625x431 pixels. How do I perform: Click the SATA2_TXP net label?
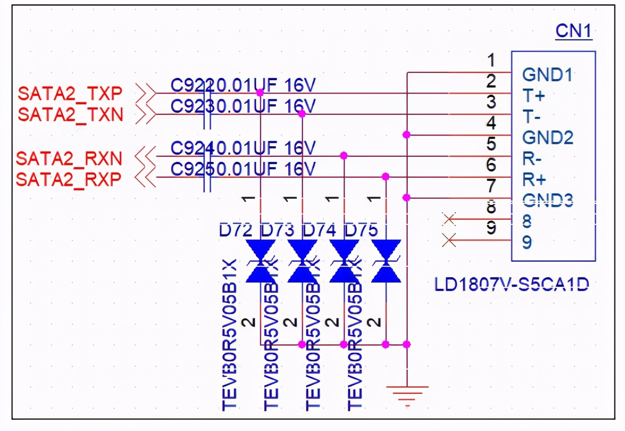pos(70,94)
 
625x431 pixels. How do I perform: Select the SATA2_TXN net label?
pos(70,114)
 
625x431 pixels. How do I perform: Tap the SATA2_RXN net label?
pos(69,159)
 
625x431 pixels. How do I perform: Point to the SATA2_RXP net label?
pos(68,179)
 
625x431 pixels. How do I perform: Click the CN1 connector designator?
pos(573,31)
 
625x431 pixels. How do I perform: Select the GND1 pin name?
pos(547,74)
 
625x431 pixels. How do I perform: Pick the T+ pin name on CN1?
pos(533,95)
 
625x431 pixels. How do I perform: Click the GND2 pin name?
pos(547,137)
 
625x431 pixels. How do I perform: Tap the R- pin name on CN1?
pos(532,159)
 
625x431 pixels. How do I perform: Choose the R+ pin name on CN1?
pos(533,179)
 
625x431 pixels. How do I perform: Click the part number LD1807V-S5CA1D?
pos(511,284)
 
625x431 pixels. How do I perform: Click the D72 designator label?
pos(236,229)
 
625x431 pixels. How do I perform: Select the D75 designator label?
pos(361,229)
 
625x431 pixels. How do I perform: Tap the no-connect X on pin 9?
pos(449,240)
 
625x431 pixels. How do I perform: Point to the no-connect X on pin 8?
pos(449,219)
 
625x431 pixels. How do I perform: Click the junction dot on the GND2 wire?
pos(406,135)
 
